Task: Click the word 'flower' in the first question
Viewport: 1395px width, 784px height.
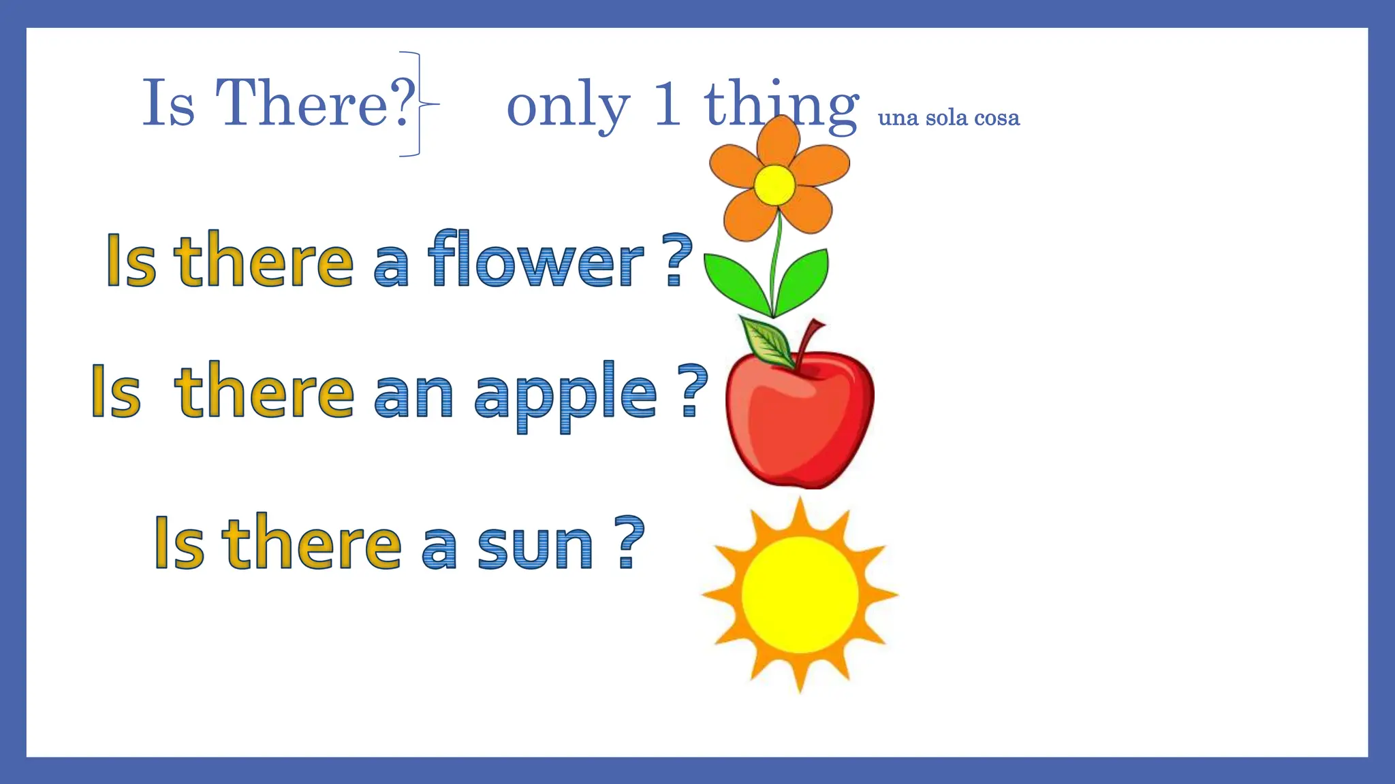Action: [535, 261]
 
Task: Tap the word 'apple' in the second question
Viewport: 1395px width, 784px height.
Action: [565, 395]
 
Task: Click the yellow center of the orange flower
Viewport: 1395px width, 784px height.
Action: [774, 184]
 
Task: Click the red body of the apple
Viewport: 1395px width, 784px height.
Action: [800, 425]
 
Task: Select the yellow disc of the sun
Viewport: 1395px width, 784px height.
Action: [800, 595]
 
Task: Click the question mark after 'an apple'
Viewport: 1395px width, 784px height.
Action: [693, 391]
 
